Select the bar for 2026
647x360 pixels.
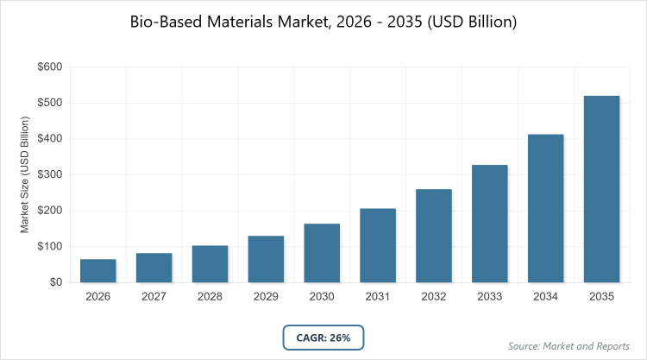pyautogui.click(x=97, y=271)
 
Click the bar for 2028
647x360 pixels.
pyautogui.click(x=210, y=264)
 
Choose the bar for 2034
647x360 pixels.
pyautogui.click(x=546, y=208)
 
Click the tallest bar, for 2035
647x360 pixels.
pyautogui.click(x=602, y=189)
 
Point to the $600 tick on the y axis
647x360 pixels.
pyautogui.click(x=49, y=66)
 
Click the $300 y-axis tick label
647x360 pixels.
pyautogui.click(x=49, y=174)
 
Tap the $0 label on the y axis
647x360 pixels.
pyautogui.click(x=54, y=282)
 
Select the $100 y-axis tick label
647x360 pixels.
pyautogui.click(x=49, y=246)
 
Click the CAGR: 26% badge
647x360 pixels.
pyautogui.click(x=323, y=338)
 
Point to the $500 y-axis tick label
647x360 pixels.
pyautogui.click(x=49, y=103)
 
